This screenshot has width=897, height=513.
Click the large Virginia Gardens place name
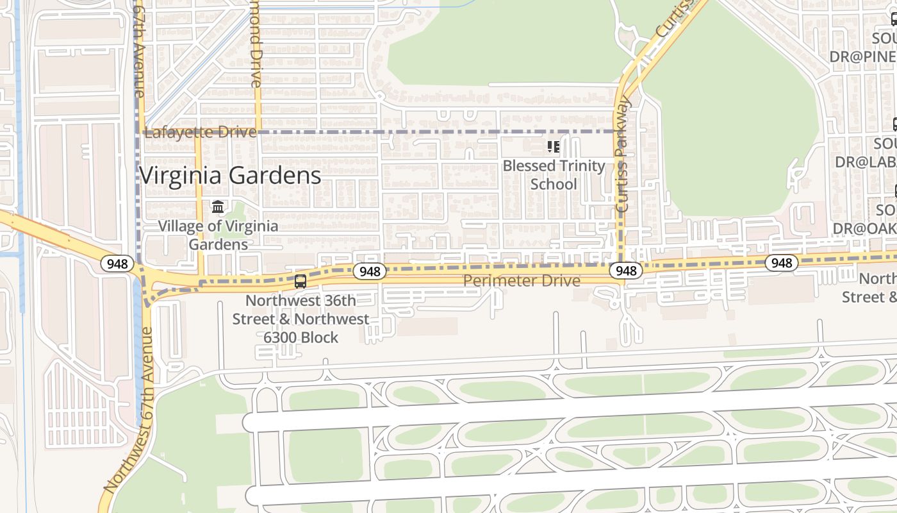[x=230, y=175]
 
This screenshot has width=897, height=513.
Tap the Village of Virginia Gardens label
[x=218, y=235]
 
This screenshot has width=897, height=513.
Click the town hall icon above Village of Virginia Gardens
[x=218, y=207]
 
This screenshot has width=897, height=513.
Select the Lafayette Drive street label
[x=201, y=133]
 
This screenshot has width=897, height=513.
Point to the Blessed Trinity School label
[x=554, y=175]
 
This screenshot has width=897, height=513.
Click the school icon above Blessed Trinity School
[x=554, y=147]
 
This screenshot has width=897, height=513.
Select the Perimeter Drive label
[x=522, y=280]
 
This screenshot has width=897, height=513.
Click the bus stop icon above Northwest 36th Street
[x=300, y=281]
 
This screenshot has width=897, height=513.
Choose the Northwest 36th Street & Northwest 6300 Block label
[x=300, y=319]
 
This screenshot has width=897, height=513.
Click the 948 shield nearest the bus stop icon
[x=370, y=271]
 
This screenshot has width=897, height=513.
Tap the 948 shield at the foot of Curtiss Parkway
[x=625, y=271]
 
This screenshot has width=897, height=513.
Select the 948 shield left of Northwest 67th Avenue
[x=117, y=263]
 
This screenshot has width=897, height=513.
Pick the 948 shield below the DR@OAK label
[x=781, y=262]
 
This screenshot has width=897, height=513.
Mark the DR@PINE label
[x=863, y=56]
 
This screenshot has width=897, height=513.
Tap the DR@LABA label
[x=865, y=162]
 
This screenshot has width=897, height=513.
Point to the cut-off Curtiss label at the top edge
[x=674, y=19]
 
